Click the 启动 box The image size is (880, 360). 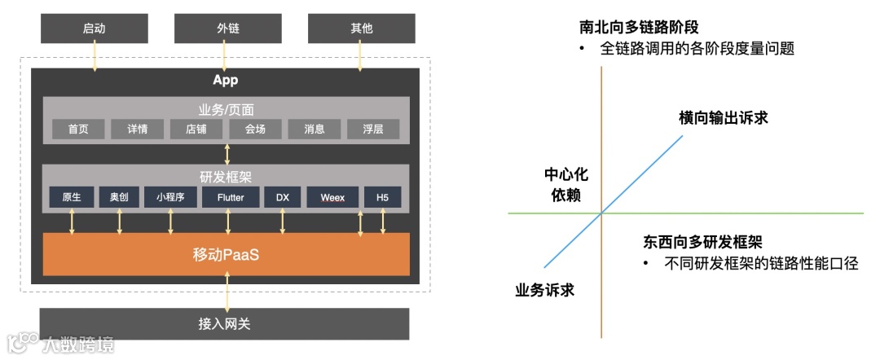pyautogui.click(x=94, y=29)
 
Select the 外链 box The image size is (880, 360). pyautogui.click(x=227, y=29)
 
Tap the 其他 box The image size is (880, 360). pyautogui.click(x=361, y=29)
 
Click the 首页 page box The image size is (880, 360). pyautogui.click(x=78, y=129)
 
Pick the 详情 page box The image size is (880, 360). pyautogui.click(x=137, y=129)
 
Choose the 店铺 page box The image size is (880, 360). pyautogui.click(x=196, y=129)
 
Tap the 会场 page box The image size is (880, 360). pyautogui.click(x=255, y=129)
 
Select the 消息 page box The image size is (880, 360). pyautogui.click(x=315, y=129)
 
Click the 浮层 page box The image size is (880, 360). pyautogui.click(x=373, y=129)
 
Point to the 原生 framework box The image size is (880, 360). pyautogui.click(x=72, y=197)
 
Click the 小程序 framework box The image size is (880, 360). pyautogui.click(x=170, y=197)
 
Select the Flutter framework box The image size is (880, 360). pyautogui.click(x=227, y=197)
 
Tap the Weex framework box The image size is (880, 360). pyautogui.click(x=332, y=197)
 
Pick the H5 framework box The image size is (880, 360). pyautogui.click(x=383, y=197)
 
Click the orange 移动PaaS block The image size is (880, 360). pyautogui.click(x=227, y=253)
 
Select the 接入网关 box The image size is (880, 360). pyautogui.click(x=224, y=323)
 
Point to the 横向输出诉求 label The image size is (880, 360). pyautogui.click(x=724, y=118)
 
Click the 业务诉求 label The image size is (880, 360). pyautogui.click(x=545, y=289)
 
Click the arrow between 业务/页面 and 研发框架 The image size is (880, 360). pyautogui.click(x=227, y=153)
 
